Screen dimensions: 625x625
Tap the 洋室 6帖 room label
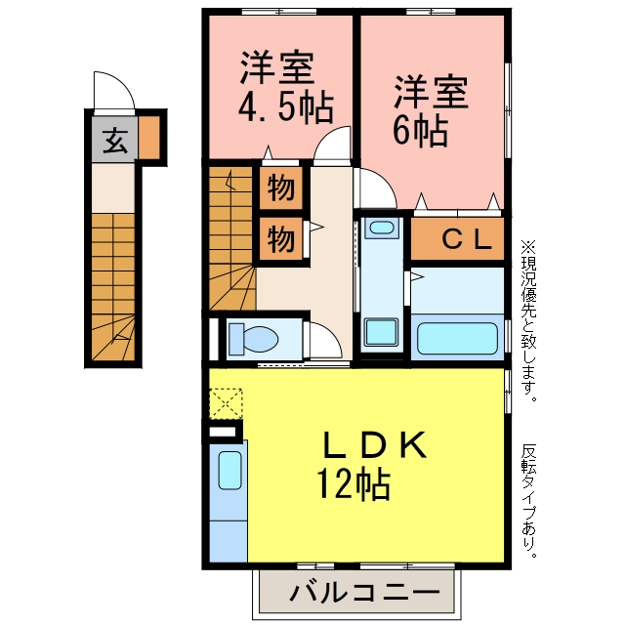tap(431, 110)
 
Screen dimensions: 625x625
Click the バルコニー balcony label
tap(364, 593)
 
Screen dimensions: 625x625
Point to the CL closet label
tap(467, 239)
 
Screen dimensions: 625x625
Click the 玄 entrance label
tap(115, 141)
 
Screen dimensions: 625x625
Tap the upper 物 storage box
tap(281, 187)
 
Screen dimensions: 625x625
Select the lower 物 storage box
tap(281, 239)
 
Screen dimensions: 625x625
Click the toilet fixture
tap(253, 339)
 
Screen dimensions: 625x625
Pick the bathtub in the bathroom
tap(457, 338)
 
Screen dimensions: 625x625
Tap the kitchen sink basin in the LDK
tap(230, 470)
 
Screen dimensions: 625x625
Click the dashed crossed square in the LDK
tap(226, 403)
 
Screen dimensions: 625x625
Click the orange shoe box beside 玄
tap(149, 137)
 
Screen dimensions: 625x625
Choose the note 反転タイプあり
tap(528, 500)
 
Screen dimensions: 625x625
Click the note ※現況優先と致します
tap(528, 321)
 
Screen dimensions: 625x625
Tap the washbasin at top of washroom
tap(382, 229)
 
